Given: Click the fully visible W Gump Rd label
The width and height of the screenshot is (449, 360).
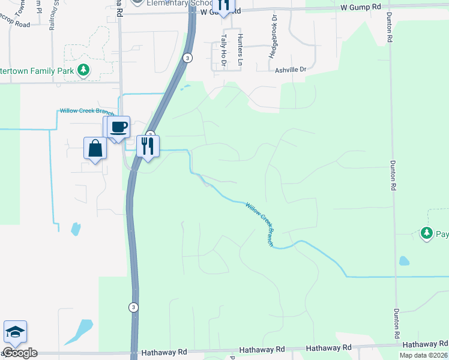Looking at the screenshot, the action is [x=361, y=7].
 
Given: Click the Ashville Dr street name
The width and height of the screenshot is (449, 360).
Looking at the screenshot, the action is [x=291, y=70].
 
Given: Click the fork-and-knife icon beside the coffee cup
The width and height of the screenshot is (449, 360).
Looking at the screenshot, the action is [x=148, y=146].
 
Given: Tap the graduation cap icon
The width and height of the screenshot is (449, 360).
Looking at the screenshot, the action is [x=15, y=332].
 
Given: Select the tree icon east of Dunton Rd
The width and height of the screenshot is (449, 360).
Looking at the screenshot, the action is [x=427, y=232].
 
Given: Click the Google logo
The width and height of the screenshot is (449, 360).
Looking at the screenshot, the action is [x=20, y=353].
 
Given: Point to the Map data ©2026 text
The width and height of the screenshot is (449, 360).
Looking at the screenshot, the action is [x=423, y=355].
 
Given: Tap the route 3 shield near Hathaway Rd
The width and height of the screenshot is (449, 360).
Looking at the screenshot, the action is [x=133, y=307].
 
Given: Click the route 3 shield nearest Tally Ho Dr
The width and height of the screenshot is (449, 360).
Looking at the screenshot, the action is [x=188, y=58].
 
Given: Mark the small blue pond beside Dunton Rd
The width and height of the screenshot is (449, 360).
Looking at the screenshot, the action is [x=404, y=261].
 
